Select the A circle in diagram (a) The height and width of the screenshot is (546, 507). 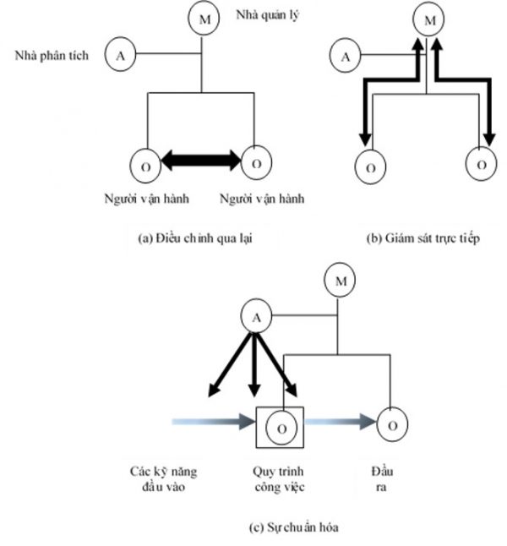[120, 56]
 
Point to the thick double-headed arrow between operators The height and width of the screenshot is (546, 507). [202, 158]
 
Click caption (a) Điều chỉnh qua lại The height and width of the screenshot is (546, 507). [195, 239]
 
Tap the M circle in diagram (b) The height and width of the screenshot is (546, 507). [428, 19]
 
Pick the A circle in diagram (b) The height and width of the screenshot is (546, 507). [345, 57]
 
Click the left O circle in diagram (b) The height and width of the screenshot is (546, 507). [369, 167]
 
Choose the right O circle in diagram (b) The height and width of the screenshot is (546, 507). [481, 164]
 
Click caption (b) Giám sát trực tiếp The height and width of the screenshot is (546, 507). [422, 239]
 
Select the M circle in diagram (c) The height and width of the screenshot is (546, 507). [341, 281]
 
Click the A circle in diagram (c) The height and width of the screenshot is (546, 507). [256, 318]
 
